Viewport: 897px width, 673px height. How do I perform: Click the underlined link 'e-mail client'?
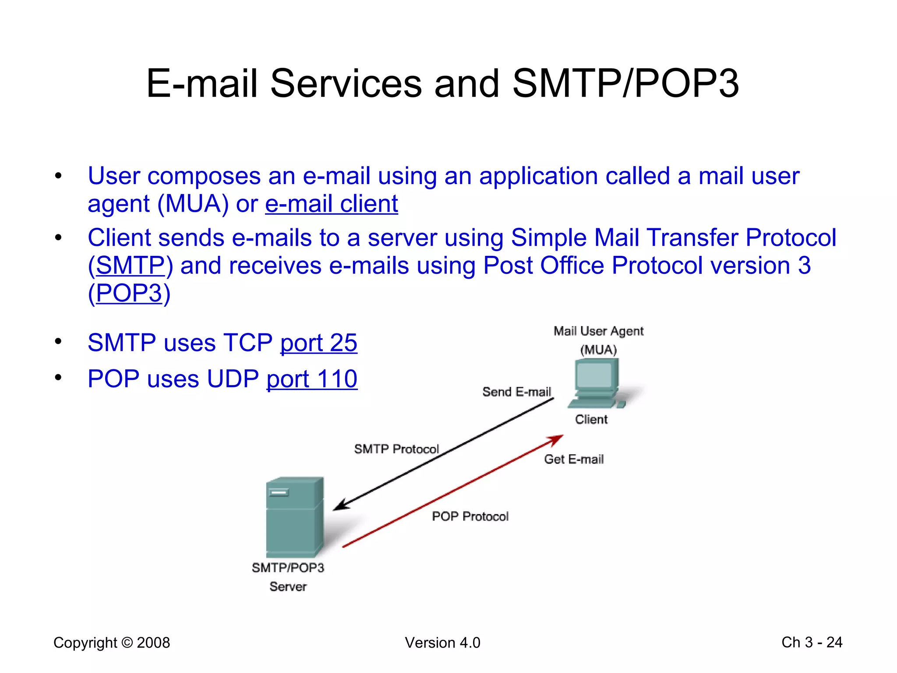coord(332,204)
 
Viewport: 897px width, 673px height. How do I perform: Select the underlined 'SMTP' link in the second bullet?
coord(130,266)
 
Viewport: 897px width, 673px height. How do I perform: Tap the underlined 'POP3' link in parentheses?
coord(129,294)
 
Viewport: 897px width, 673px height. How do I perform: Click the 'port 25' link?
coord(318,343)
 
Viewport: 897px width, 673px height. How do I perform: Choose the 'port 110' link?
coord(312,379)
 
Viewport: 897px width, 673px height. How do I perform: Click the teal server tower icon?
coord(294,517)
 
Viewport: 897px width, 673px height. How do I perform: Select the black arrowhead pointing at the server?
coord(341,506)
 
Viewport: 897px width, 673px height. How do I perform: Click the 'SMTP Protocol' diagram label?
coord(396,449)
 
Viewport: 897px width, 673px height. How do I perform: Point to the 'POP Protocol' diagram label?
coord(470,517)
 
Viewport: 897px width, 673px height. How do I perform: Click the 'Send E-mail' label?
coord(516,392)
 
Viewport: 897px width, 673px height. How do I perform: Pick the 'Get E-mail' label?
coord(574,459)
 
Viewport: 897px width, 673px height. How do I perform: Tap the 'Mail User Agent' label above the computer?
coord(598,331)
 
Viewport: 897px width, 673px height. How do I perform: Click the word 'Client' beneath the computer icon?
coord(591,420)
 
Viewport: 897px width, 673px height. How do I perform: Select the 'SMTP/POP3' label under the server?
coord(288,568)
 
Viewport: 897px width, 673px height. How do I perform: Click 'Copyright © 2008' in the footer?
coord(112,643)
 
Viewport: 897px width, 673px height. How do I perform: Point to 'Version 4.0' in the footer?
coord(442,643)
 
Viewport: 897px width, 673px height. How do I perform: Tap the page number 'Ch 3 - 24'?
coord(812,642)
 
